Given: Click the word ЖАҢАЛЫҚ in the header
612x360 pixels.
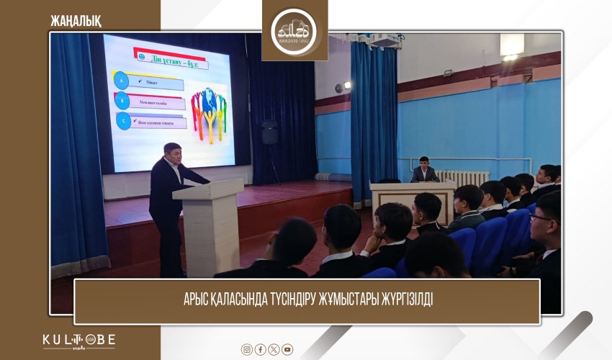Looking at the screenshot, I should pyautogui.click(x=76, y=19).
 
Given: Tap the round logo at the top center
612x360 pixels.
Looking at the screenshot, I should pyautogui.click(x=294, y=30).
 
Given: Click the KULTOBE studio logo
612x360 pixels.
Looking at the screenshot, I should pyautogui.click(x=78, y=341).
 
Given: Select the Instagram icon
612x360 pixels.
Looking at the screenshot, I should pyautogui.click(x=247, y=349).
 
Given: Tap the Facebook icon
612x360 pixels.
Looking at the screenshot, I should pyautogui.click(x=261, y=349).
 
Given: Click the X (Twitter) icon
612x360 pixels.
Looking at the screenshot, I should pyautogui.click(x=274, y=349).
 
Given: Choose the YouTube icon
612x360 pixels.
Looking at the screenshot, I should pyautogui.click(x=287, y=349).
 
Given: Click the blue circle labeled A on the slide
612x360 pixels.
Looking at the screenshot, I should pyautogui.click(x=123, y=81).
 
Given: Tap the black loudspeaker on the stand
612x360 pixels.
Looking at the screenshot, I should pyautogui.click(x=269, y=132).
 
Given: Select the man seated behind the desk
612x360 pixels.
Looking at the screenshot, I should pyautogui.click(x=424, y=170).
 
